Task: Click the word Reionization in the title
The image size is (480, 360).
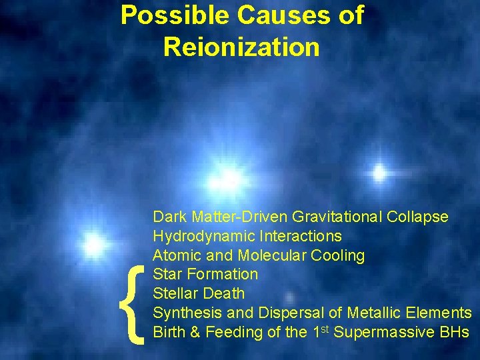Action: coord(241,47)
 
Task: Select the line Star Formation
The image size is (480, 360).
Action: coord(205,274)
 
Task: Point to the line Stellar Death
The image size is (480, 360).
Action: coord(199,293)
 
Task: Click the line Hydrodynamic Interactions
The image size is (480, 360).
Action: coord(247,236)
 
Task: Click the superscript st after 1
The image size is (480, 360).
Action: coord(324,329)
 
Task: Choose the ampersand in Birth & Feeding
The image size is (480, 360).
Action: coord(195,332)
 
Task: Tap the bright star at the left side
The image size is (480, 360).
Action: coord(94,244)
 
